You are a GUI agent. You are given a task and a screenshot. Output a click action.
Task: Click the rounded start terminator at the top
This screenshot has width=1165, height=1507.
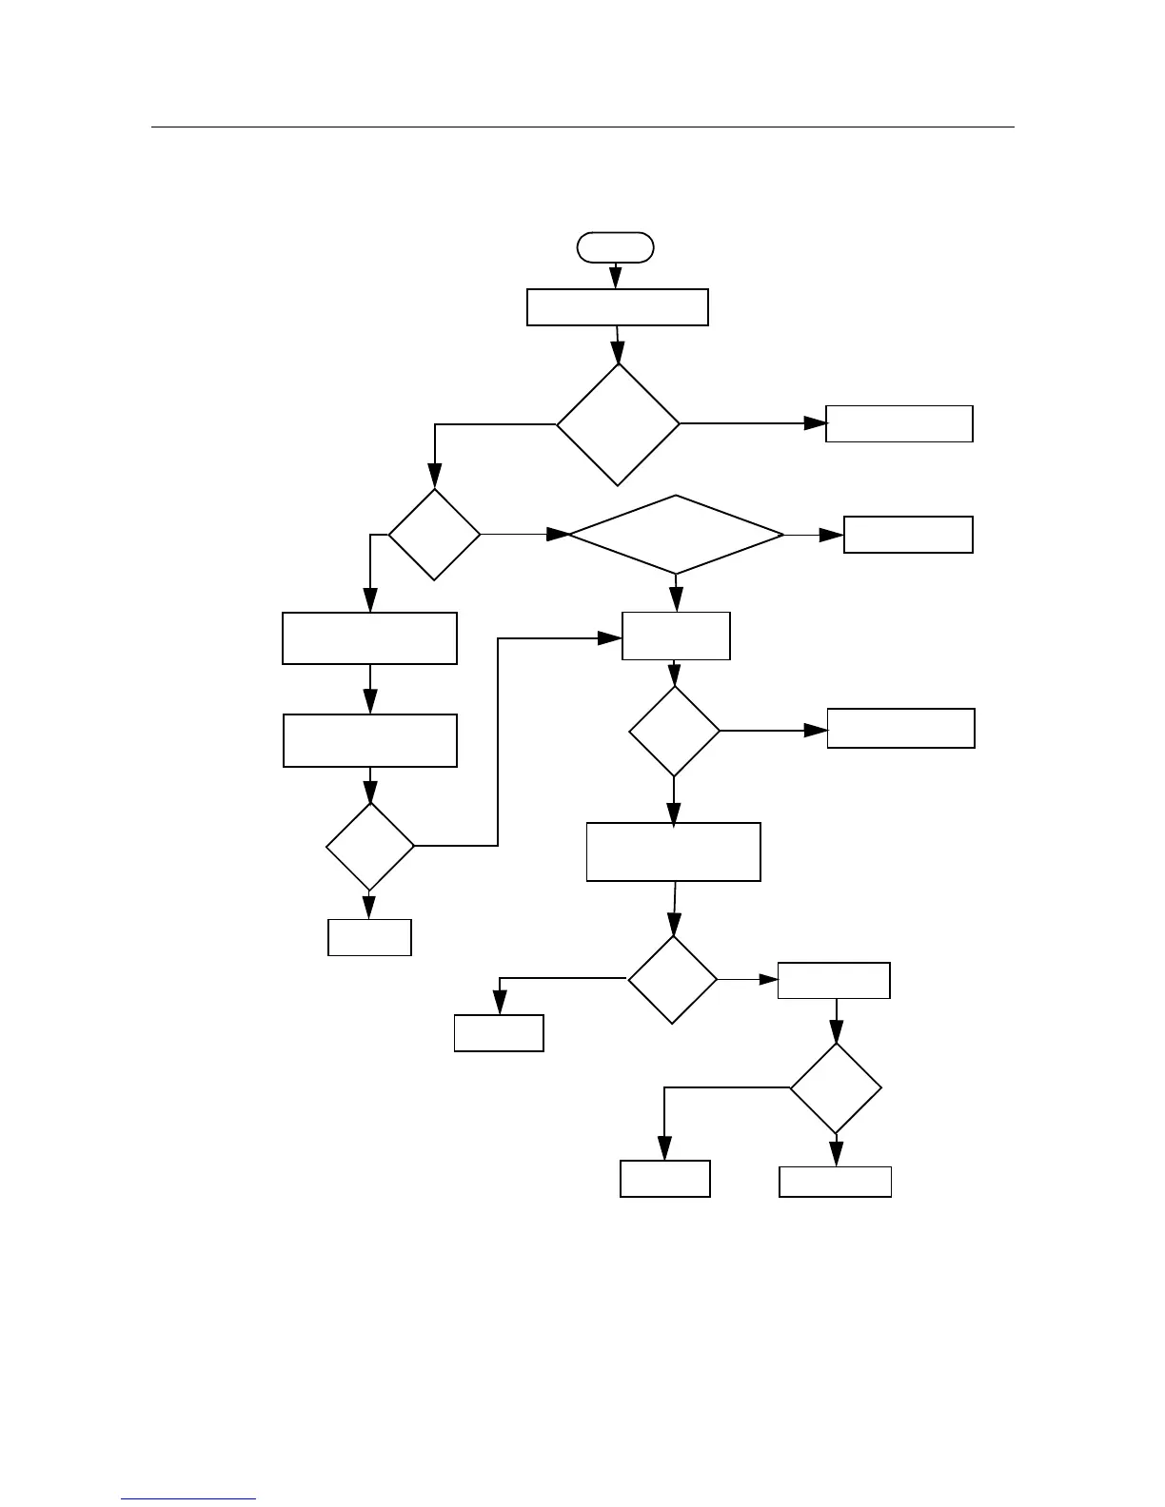tap(616, 246)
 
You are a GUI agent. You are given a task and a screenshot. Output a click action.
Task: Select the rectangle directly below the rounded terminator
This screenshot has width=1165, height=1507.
tap(618, 307)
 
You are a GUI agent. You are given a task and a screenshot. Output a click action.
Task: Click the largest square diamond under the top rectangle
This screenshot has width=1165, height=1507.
tap(618, 424)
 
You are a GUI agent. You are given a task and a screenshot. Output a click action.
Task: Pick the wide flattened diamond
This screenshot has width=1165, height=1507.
tap(676, 535)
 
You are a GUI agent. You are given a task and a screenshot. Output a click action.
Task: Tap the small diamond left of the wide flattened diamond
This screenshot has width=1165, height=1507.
tap(434, 535)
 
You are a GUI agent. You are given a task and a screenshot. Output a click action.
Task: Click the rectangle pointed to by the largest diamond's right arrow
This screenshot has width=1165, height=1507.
tap(898, 423)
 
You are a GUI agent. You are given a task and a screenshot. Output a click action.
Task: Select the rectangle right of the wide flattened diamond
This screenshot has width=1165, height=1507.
tap(908, 535)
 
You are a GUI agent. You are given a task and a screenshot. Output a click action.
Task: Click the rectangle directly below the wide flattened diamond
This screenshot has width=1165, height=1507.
tap(676, 636)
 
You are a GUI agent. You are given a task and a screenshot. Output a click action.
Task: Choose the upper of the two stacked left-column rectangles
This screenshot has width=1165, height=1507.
tap(369, 638)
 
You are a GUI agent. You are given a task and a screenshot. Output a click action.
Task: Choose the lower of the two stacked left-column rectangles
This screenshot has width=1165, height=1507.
tap(369, 740)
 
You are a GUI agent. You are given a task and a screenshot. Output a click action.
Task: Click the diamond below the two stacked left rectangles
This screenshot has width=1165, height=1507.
tap(369, 847)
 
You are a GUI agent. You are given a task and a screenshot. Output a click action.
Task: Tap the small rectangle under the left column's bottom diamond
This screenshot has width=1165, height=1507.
tap(369, 937)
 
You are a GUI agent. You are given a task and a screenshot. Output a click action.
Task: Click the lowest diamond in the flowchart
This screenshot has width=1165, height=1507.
tap(836, 1088)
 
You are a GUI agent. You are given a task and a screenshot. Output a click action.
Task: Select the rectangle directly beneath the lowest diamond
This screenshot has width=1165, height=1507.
tap(835, 1182)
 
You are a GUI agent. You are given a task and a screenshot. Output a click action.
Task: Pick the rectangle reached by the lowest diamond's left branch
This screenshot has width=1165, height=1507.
tap(664, 1179)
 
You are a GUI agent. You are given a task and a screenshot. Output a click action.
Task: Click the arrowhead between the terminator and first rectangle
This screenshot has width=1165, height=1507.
tap(616, 278)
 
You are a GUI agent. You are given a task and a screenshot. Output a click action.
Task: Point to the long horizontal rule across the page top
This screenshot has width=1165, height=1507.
tap(582, 127)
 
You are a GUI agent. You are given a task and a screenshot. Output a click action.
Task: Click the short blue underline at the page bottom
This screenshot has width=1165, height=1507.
tap(188, 1498)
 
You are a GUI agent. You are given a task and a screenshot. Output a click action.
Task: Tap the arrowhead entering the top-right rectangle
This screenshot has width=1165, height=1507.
tap(815, 423)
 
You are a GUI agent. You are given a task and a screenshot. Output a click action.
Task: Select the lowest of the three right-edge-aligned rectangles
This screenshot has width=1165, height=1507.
tap(900, 729)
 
